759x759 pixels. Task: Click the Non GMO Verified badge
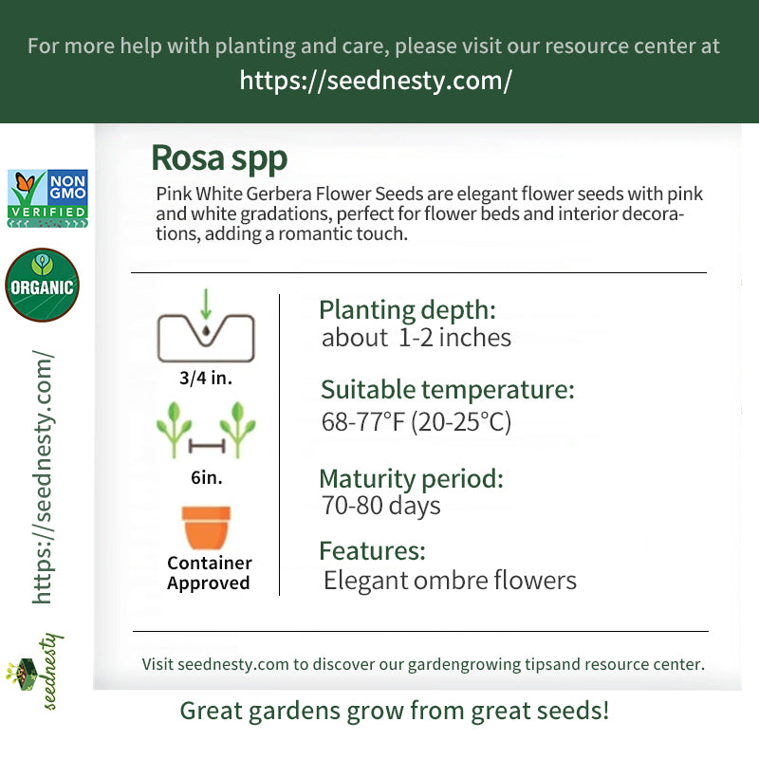(47, 198)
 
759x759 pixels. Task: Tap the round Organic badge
(42, 285)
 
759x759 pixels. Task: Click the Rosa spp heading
(219, 158)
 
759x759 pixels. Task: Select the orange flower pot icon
(206, 528)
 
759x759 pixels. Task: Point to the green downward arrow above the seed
(206, 305)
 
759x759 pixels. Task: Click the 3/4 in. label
(206, 378)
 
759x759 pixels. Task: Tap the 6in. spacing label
(207, 477)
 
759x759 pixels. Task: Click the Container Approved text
(209, 573)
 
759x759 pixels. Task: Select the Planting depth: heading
(408, 310)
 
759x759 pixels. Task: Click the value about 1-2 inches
(417, 338)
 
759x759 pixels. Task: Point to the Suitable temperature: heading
(448, 390)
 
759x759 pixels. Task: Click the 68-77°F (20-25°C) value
(417, 421)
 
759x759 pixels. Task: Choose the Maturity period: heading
(412, 479)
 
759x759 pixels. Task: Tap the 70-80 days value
(381, 506)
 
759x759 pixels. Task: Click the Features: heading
(372, 551)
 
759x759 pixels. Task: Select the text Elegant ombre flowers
(450, 581)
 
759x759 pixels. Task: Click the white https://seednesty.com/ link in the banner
(376, 81)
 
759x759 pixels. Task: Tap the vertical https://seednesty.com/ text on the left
(43, 477)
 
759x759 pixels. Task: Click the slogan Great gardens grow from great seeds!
(395, 711)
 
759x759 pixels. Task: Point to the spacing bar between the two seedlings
(207, 445)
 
